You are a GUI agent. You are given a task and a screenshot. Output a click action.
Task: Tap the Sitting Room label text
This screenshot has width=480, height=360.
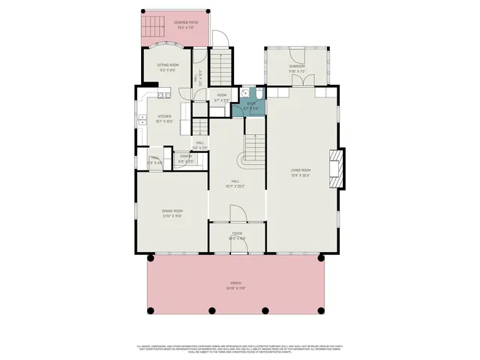(x=167, y=65)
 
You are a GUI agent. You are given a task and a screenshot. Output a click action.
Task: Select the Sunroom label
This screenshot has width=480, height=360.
(x=296, y=67)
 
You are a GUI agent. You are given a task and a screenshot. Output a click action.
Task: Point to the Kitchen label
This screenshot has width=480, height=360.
(x=164, y=116)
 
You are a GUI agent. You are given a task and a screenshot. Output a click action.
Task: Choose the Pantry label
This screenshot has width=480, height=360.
(x=185, y=157)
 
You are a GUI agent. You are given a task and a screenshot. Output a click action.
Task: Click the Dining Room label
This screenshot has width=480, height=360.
(x=172, y=211)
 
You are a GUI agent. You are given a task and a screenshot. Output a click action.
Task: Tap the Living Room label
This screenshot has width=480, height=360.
(x=301, y=170)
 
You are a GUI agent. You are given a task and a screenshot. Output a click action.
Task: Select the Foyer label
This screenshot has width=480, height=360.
(x=237, y=234)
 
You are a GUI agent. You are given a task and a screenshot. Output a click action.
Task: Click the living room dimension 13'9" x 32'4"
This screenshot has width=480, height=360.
(x=301, y=175)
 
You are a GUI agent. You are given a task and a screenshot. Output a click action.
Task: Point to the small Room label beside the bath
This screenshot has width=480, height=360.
(x=222, y=95)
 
